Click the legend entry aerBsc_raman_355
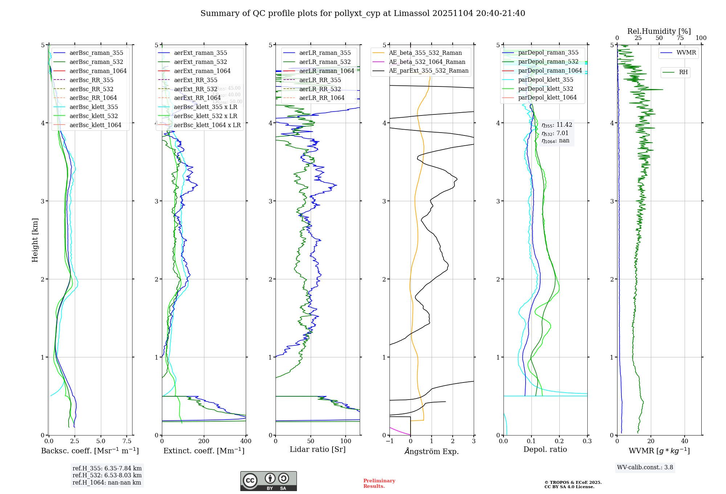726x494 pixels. (96, 53)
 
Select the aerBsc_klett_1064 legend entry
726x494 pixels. (95, 125)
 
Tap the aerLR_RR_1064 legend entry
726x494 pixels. (322, 98)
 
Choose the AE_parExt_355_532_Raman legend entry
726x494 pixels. (428, 71)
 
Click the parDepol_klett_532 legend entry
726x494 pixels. (546, 89)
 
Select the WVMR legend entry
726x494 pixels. (686, 53)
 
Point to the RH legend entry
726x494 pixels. (683, 72)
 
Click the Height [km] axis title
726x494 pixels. (35, 240)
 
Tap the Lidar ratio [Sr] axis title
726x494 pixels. (318, 450)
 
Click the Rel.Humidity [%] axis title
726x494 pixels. (659, 31)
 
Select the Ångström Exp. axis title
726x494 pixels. (432, 452)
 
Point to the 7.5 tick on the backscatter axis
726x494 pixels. (127, 441)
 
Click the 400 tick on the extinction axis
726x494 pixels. (246, 441)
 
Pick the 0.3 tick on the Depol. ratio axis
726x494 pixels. (587, 441)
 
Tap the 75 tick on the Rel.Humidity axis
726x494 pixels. (680, 38)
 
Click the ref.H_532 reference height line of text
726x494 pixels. (107, 475)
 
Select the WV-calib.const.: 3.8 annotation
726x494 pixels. (645, 467)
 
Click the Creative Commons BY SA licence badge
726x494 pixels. (268, 481)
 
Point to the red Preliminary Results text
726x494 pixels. (379, 483)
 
